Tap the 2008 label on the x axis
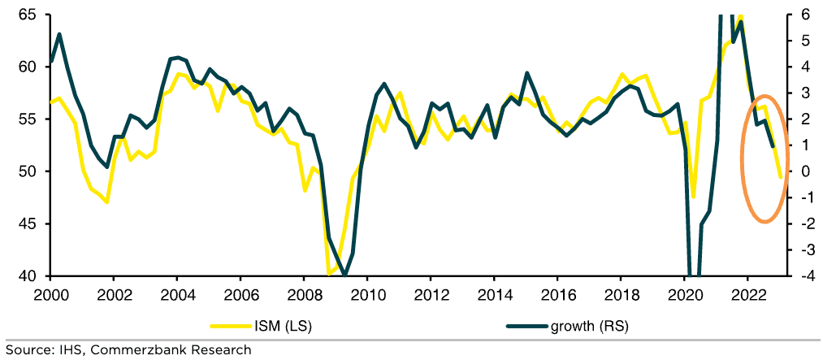(302, 293)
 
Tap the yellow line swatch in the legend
(227, 326)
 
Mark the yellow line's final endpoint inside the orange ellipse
(780, 177)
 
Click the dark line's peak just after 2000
(60, 34)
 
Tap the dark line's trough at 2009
(345, 275)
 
